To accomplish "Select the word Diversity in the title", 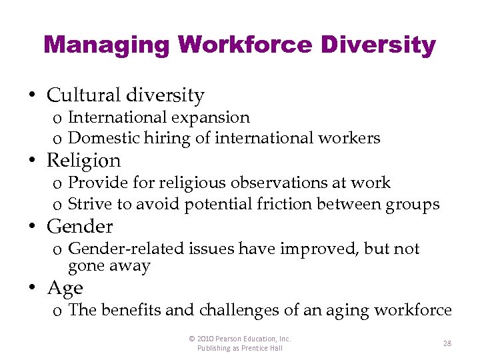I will tap(379, 45).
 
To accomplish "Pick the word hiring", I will tap(159, 139).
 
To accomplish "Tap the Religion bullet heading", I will tap(84, 161).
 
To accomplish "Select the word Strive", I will tap(90, 204).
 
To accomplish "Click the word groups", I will tap(413, 204).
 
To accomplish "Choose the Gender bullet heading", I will tap(80, 227).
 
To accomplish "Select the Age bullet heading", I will tap(65, 288).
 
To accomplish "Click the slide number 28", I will tap(447, 343).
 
